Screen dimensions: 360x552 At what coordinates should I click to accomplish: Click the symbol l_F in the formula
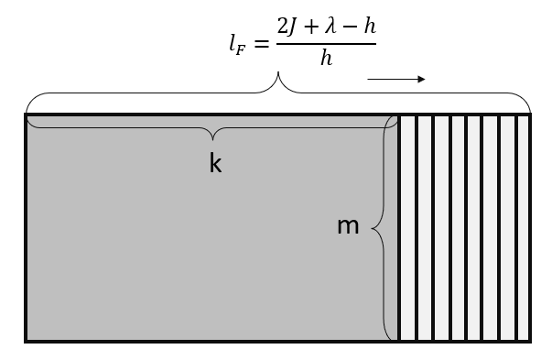[238, 43]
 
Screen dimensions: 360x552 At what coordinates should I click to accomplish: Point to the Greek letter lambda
[329, 27]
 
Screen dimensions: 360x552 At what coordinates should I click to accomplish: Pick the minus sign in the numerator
[349, 27]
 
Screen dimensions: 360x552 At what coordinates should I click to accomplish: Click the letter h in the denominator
[326, 59]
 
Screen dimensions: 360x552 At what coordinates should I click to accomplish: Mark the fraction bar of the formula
[326, 42]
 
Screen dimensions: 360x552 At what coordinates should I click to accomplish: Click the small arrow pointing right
[396, 80]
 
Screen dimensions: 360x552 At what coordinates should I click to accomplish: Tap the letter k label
[215, 163]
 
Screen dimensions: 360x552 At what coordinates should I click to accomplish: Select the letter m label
[348, 225]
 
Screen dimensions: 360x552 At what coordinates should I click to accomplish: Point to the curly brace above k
[214, 134]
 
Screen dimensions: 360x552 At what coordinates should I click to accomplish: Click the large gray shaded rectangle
[201, 247]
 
